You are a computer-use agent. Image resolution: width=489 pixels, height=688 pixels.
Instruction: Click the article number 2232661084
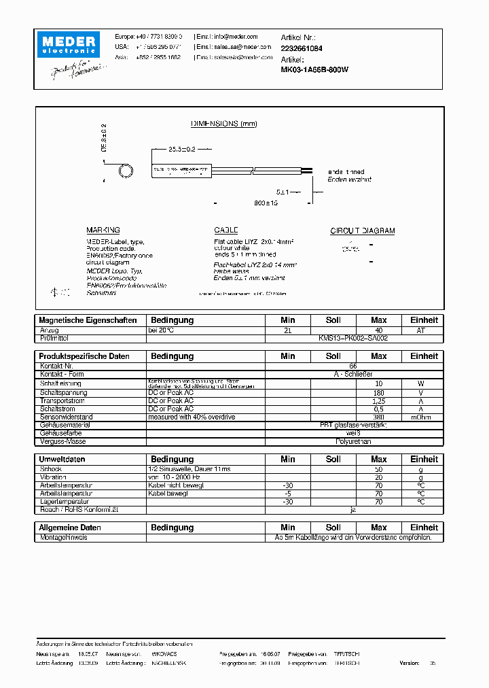click(x=302, y=48)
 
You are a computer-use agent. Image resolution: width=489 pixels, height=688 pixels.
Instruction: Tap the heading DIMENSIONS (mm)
click(x=223, y=124)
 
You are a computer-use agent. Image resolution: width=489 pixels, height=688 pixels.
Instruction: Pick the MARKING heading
click(x=103, y=230)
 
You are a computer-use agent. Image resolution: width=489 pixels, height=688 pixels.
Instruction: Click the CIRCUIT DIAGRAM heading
click(x=362, y=230)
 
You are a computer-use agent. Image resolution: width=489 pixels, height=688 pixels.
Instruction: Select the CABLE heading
click(x=226, y=230)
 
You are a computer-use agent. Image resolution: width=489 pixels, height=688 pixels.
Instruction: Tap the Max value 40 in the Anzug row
click(x=378, y=330)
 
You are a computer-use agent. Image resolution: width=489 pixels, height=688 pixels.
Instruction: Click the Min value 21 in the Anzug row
click(x=287, y=330)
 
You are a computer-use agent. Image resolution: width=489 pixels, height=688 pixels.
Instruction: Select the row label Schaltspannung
click(x=64, y=393)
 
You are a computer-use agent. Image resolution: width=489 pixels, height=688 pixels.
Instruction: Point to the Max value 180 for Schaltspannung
click(x=378, y=393)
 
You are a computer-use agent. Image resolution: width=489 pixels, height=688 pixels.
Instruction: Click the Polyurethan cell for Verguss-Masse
click(x=352, y=441)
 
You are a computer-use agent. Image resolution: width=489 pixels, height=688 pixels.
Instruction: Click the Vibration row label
click(x=54, y=477)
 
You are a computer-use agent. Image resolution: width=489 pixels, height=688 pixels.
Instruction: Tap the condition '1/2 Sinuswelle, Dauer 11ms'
click(x=189, y=469)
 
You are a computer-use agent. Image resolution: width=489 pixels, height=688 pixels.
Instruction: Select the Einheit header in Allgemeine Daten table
click(x=424, y=528)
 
